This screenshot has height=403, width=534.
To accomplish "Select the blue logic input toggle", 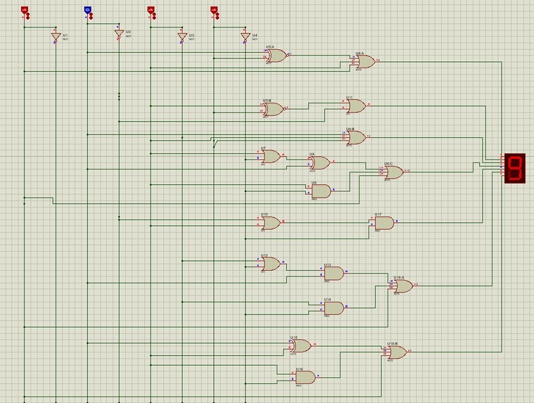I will click(x=87, y=10).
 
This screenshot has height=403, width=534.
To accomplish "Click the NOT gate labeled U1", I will click(x=56, y=37).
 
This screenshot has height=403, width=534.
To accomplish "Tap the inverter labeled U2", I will click(x=119, y=34).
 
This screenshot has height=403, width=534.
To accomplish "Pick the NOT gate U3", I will click(x=182, y=37).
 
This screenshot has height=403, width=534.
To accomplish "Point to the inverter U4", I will click(x=245, y=37).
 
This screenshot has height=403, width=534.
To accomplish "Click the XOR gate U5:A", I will click(x=276, y=56).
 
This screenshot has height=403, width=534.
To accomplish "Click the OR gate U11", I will click(x=356, y=105).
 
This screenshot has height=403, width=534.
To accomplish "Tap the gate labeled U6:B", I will click(x=356, y=137).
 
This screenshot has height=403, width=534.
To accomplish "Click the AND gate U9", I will click(x=321, y=191).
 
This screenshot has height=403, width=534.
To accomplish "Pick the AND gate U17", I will click(x=384, y=223).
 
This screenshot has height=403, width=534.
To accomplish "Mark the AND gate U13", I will click(x=333, y=273).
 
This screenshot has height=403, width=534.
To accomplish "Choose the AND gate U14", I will click(x=333, y=307).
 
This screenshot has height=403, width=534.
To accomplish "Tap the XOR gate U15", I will click(x=300, y=345).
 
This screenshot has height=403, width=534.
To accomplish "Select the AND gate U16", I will click(x=305, y=377).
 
